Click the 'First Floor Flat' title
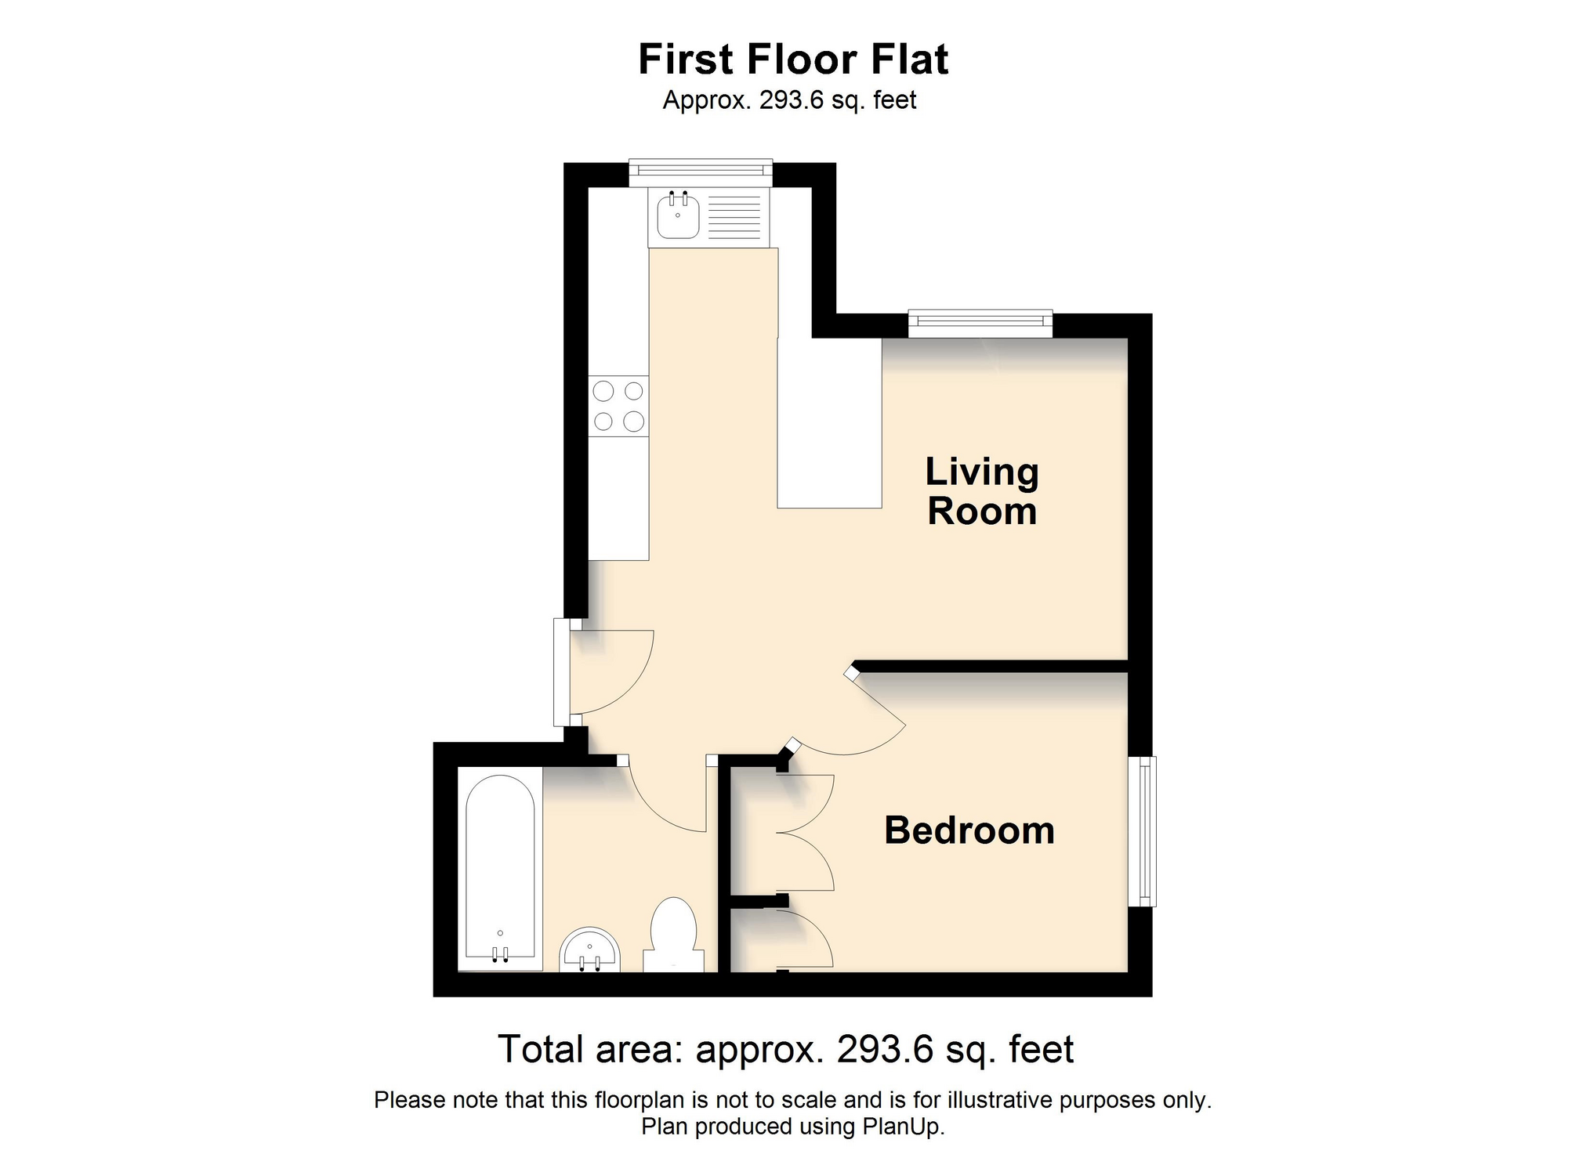click(x=793, y=59)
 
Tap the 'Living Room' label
click(x=982, y=491)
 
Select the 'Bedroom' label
click(x=969, y=830)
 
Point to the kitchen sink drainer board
click(x=734, y=216)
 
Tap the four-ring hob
click(x=618, y=406)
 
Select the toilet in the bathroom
click(x=674, y=935)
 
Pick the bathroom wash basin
click(x=589, y=950)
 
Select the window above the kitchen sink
click(x=701, y=172)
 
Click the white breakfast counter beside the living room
click(x=829, y=423)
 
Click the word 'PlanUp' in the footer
click(x=901, y=1127)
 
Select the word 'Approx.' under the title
click(x=707, y=101)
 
